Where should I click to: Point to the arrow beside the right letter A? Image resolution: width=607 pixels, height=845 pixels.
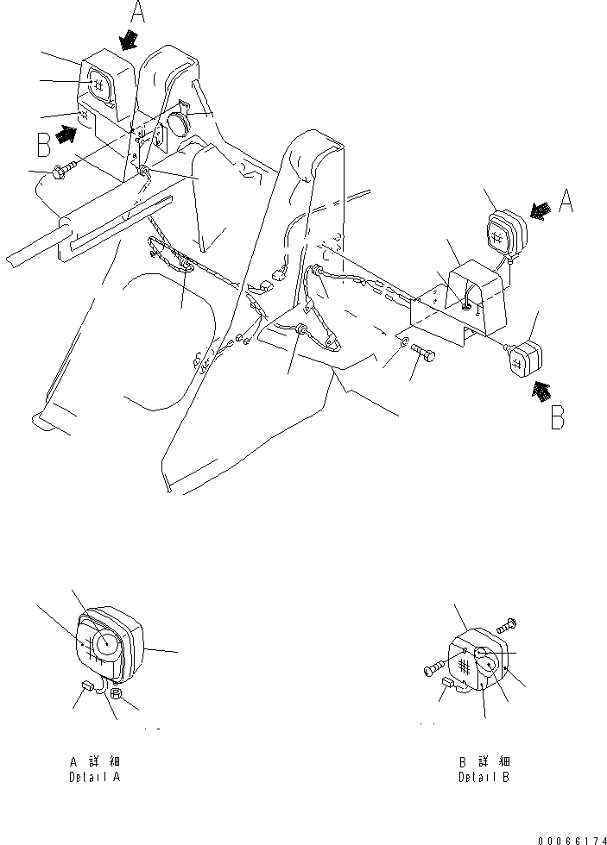point(541,210)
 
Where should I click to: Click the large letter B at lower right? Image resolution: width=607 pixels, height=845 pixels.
point(558,418)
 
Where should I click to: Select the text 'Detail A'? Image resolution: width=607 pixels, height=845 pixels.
point(95,776)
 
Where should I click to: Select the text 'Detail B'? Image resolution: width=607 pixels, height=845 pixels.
point(484,776)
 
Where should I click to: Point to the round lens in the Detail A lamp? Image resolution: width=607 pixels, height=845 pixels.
point(107,642)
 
